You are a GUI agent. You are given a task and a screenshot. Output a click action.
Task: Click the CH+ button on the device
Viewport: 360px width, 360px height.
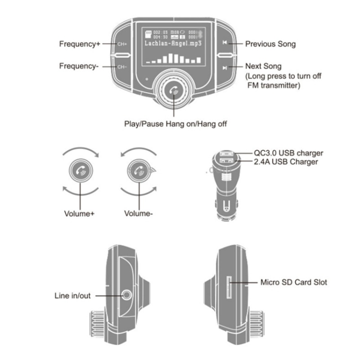point(122,44)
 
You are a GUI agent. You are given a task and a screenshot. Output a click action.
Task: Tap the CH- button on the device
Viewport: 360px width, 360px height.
point(122,67)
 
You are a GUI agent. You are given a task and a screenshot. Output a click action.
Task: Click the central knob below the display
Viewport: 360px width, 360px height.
point(173,90)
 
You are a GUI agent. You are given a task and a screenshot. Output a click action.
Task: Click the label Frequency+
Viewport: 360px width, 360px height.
point(80,44)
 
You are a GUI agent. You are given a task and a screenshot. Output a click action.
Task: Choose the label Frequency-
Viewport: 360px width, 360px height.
point(79,66)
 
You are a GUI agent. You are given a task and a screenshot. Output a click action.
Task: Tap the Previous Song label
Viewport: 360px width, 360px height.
point(270,44)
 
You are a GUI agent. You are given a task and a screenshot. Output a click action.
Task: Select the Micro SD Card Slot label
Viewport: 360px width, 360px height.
point(294,283)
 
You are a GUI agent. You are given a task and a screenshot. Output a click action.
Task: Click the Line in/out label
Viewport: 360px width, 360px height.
point(72,296)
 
